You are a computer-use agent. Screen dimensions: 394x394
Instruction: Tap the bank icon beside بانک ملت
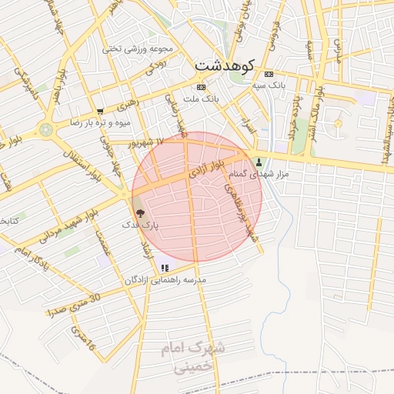coord(201,87)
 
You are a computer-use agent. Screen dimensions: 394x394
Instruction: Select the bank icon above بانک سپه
coord(268,75)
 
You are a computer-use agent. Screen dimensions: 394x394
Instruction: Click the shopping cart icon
coord(100,112)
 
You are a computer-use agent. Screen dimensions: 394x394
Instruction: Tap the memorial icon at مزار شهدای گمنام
coord(258,162)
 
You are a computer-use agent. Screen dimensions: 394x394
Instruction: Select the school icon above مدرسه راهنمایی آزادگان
coord(165,268)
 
